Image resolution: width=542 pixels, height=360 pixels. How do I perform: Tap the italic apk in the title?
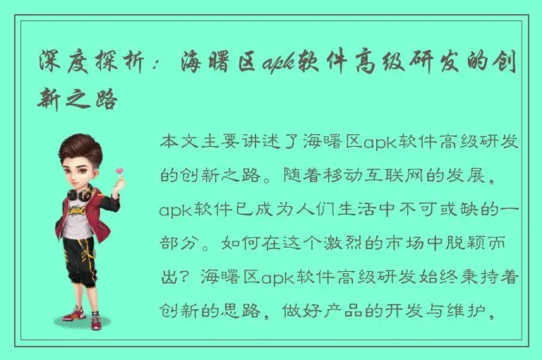277,64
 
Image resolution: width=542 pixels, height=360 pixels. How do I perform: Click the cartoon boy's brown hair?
82,148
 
